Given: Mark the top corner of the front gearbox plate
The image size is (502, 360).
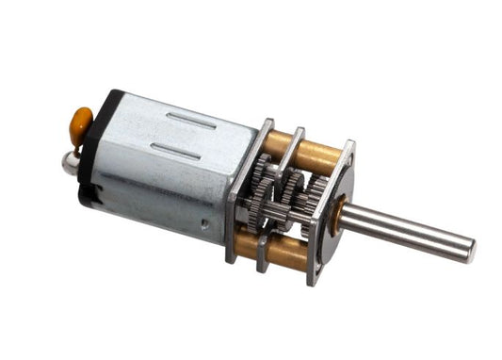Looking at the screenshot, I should (x=349, y=144).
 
